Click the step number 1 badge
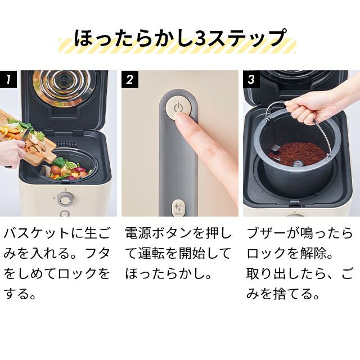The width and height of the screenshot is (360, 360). (x=8, y=79)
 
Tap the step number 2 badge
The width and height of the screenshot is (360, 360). (x=130, y=79)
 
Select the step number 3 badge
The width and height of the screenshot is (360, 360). (x=251, y=79)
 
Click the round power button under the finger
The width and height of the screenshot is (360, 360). (x=178, y=107)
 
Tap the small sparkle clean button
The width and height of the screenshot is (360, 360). (x=178, y=208)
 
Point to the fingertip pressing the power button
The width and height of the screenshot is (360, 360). (x=181, y=118)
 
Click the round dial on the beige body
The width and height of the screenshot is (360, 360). (x=65, y=199)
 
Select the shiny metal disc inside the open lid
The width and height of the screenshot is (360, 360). (x=64, y=87)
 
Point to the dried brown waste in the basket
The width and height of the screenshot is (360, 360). (x=297, y=152)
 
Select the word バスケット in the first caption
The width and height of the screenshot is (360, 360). (x=36, y=234)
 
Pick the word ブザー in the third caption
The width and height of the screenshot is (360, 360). (x=265, y=234)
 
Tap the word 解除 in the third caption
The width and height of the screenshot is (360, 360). (x=313, y=254)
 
